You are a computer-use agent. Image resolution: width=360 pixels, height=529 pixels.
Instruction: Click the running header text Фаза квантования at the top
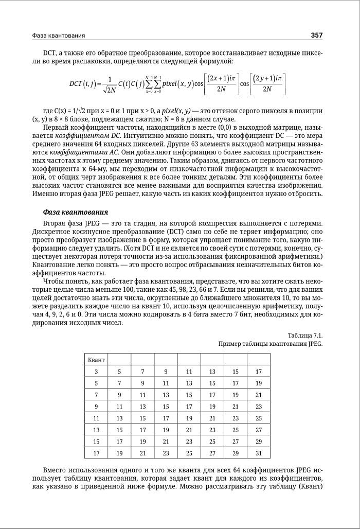click(x=58, y=36)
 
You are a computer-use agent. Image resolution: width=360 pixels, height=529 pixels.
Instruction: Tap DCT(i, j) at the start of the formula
click(x=84, y=83)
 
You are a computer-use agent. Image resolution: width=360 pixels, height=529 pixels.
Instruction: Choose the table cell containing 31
click(x=258, y=453)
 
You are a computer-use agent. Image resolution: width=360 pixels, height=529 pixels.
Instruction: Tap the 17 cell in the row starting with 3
click(x=258, y=371)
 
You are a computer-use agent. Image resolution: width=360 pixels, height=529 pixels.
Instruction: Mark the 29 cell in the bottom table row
click(x=235, y=453)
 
